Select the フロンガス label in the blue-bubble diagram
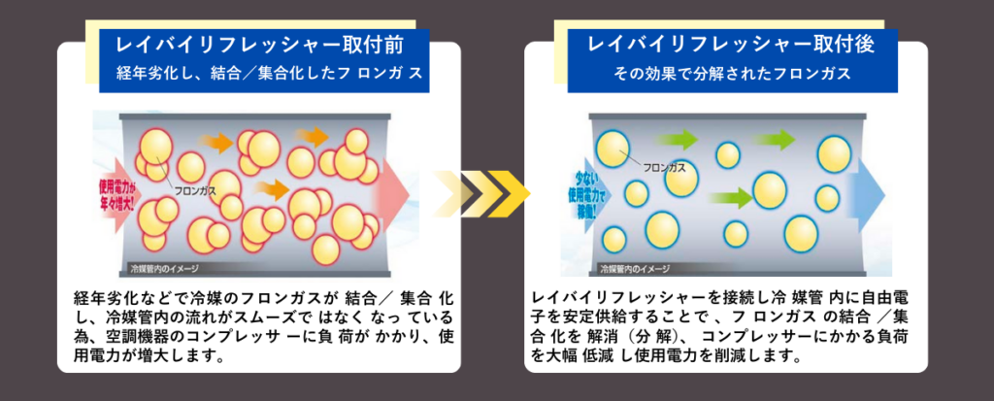pos(664,167)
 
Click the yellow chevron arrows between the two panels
pos(482,191)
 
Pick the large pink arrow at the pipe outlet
pos(397,190)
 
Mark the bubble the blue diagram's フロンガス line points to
pos(613,148)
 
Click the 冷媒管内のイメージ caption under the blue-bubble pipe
pos(635,267)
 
